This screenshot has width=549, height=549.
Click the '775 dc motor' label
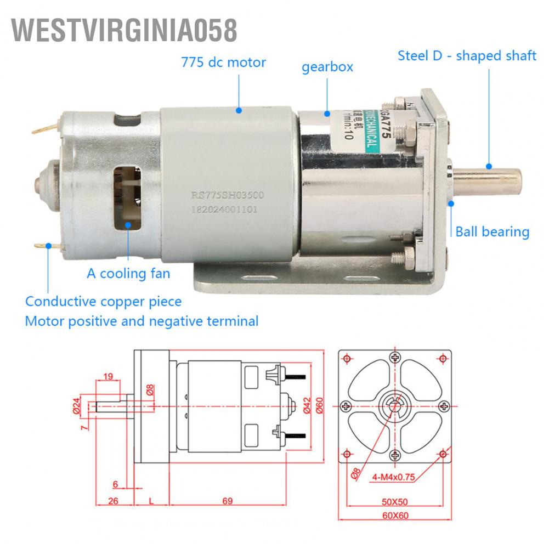pyautogui.click(x=223, y=62)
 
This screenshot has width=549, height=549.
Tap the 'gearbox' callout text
pyautogui.click(x=327, y=67)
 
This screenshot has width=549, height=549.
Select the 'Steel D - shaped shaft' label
pyautogui.click(x=467, y=55)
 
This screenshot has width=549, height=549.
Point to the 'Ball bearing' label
pyautogui.click(x=493, y=231)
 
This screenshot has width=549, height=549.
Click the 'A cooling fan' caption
pyautogui.click(x=128, y=273)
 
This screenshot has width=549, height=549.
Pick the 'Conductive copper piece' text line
pyautogui.click(x=104, y=302)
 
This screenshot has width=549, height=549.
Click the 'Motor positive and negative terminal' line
pyautogui.click(x=142, y=321)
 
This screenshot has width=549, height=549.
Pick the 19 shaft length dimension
pyautogui.click(x=107, y=376)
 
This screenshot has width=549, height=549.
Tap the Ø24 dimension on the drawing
pyautogui.click(x=77, y=405)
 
